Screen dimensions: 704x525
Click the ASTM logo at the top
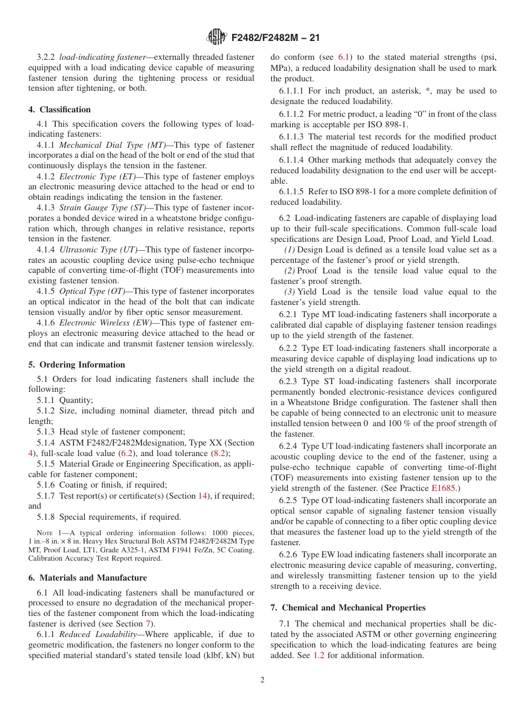(x=217, y=38)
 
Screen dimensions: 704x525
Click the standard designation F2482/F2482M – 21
(x=276, y=38)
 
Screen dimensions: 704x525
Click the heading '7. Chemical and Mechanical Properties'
(x=348, y=608)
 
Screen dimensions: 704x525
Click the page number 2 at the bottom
(x=262, y=680)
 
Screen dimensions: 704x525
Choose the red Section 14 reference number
(x=203, y=495)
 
